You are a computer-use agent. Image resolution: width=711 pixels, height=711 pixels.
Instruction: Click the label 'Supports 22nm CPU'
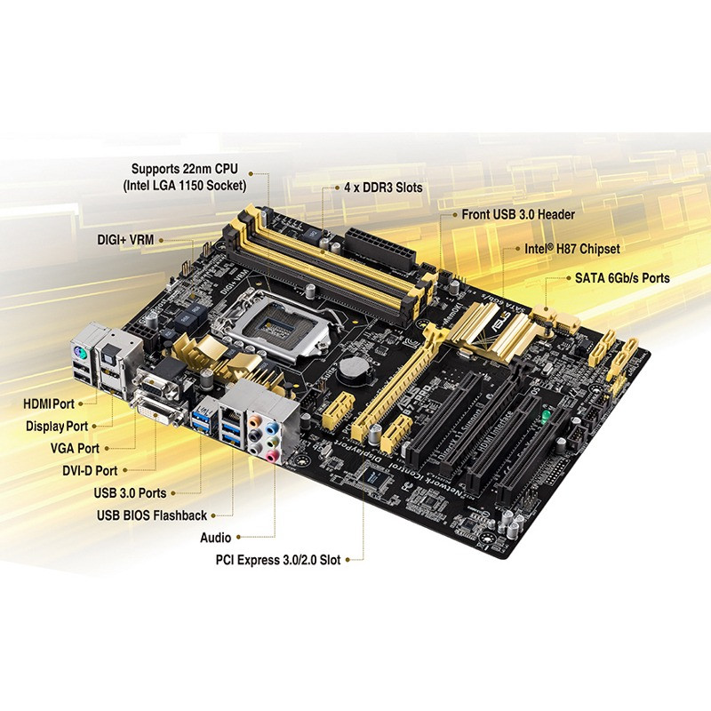click(188, 169)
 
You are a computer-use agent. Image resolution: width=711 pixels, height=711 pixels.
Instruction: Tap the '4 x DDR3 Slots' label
click(383, 188)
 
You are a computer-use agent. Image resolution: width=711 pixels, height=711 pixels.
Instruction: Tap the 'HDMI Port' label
click(51, 403)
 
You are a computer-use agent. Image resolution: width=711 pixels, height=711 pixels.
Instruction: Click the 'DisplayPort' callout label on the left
click(58, 427)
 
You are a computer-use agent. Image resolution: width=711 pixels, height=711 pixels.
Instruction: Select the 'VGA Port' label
click(76, 449)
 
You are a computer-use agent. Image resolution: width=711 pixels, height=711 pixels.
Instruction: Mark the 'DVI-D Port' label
click(84, 470)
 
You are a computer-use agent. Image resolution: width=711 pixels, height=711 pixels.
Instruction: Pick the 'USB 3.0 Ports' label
click(130, 492)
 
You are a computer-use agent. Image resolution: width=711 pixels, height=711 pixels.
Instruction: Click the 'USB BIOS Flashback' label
click(152, 515)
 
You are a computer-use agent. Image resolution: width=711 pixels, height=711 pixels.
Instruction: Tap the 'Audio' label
click(216, 538)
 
